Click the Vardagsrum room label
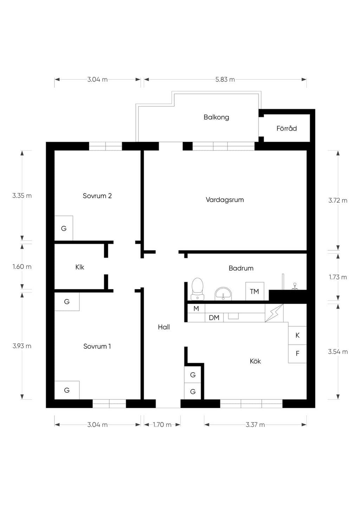tap(225, 200)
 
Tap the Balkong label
tap(216, 117)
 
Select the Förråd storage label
tap(287, 128)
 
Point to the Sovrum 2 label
tap(97, 196)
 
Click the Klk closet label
tap(79, 267)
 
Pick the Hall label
tap(164, 327)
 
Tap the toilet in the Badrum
tap(197, 289)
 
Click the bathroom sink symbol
tap(223, 294)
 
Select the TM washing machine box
tap(255, 291)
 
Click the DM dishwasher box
tap(214, 318)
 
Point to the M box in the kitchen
tap(196, 309)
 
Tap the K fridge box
tap(297, 335)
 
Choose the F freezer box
tap(297, 354)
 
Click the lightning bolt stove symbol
tap(274, 313)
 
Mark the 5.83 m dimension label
tap(225, 80)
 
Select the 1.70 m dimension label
tap(162, 425)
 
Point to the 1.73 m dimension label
tap(338, 277)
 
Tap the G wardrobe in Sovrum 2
tap(64, 228)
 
